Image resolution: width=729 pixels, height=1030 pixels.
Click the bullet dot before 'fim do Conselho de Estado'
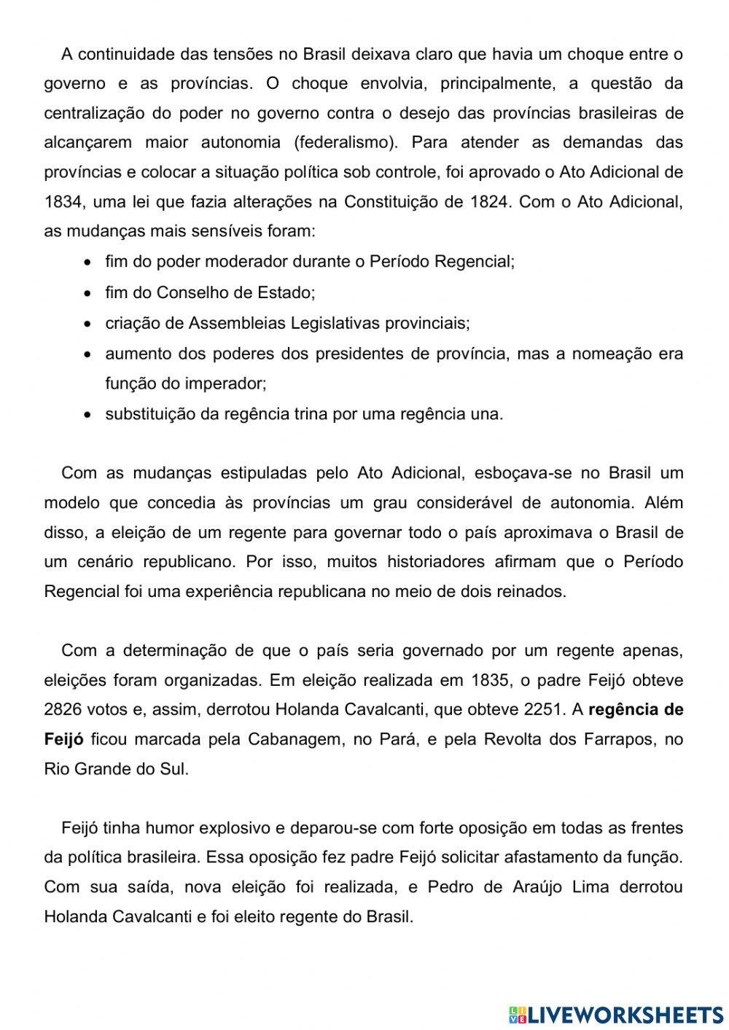pos(88,293)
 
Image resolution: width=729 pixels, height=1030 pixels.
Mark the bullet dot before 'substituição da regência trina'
pos(88,415)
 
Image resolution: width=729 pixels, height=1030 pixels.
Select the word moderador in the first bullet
pos(252,262)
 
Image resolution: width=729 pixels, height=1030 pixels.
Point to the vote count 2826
pos(63,710)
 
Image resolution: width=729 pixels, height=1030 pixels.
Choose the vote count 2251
pos(543,710)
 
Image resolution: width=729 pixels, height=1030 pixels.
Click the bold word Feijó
pos(63,740)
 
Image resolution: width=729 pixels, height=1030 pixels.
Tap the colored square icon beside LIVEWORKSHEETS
pos(517,1014)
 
